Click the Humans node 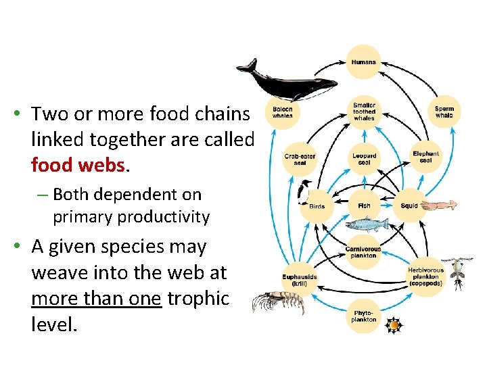[x=364, y=62]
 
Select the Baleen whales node [x=283, y=112]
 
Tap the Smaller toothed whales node [x=364, y=112]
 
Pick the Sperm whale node [x=444, y=112]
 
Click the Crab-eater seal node [x=299, y=159]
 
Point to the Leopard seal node [x=364, y=159]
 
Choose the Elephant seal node [x=425, y=157]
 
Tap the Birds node [x=317, y=205]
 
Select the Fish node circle [x=364, y=205]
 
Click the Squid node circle [x=409, y=205]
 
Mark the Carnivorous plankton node [x=364, y=251]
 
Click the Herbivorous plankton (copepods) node [x=425, y=276]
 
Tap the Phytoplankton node [x=364, y=316]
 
